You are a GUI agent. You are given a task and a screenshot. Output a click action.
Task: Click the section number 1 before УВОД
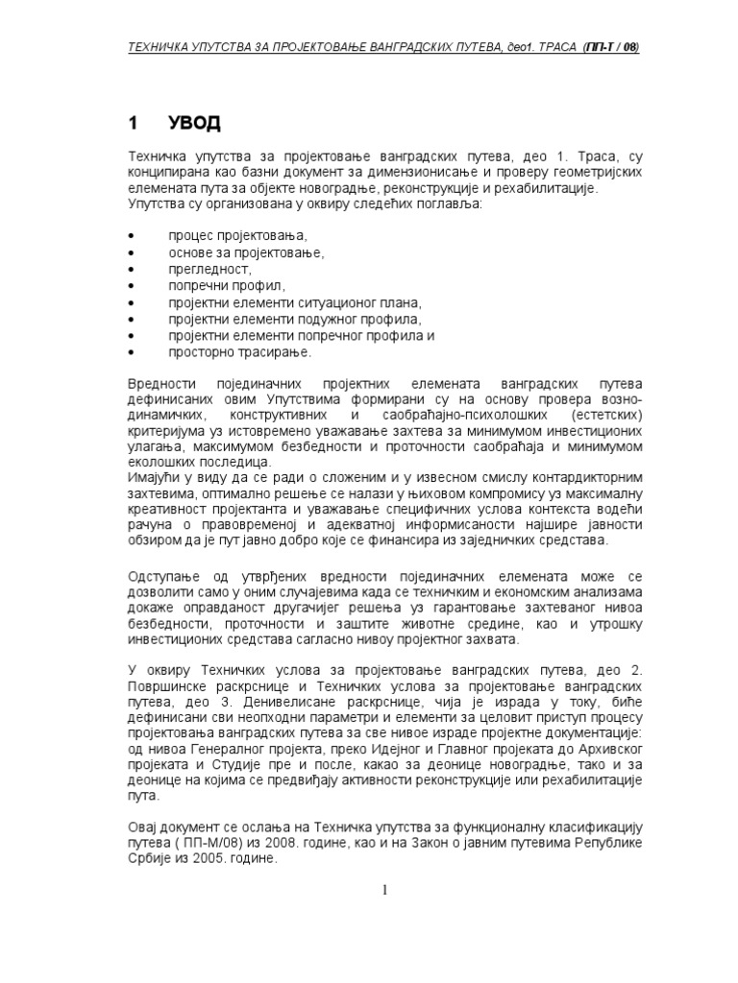134,123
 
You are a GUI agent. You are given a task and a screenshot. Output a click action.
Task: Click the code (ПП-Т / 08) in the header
610,47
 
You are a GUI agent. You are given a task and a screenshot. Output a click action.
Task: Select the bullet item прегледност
209,269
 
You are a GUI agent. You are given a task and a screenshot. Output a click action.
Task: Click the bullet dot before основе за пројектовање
131,252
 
